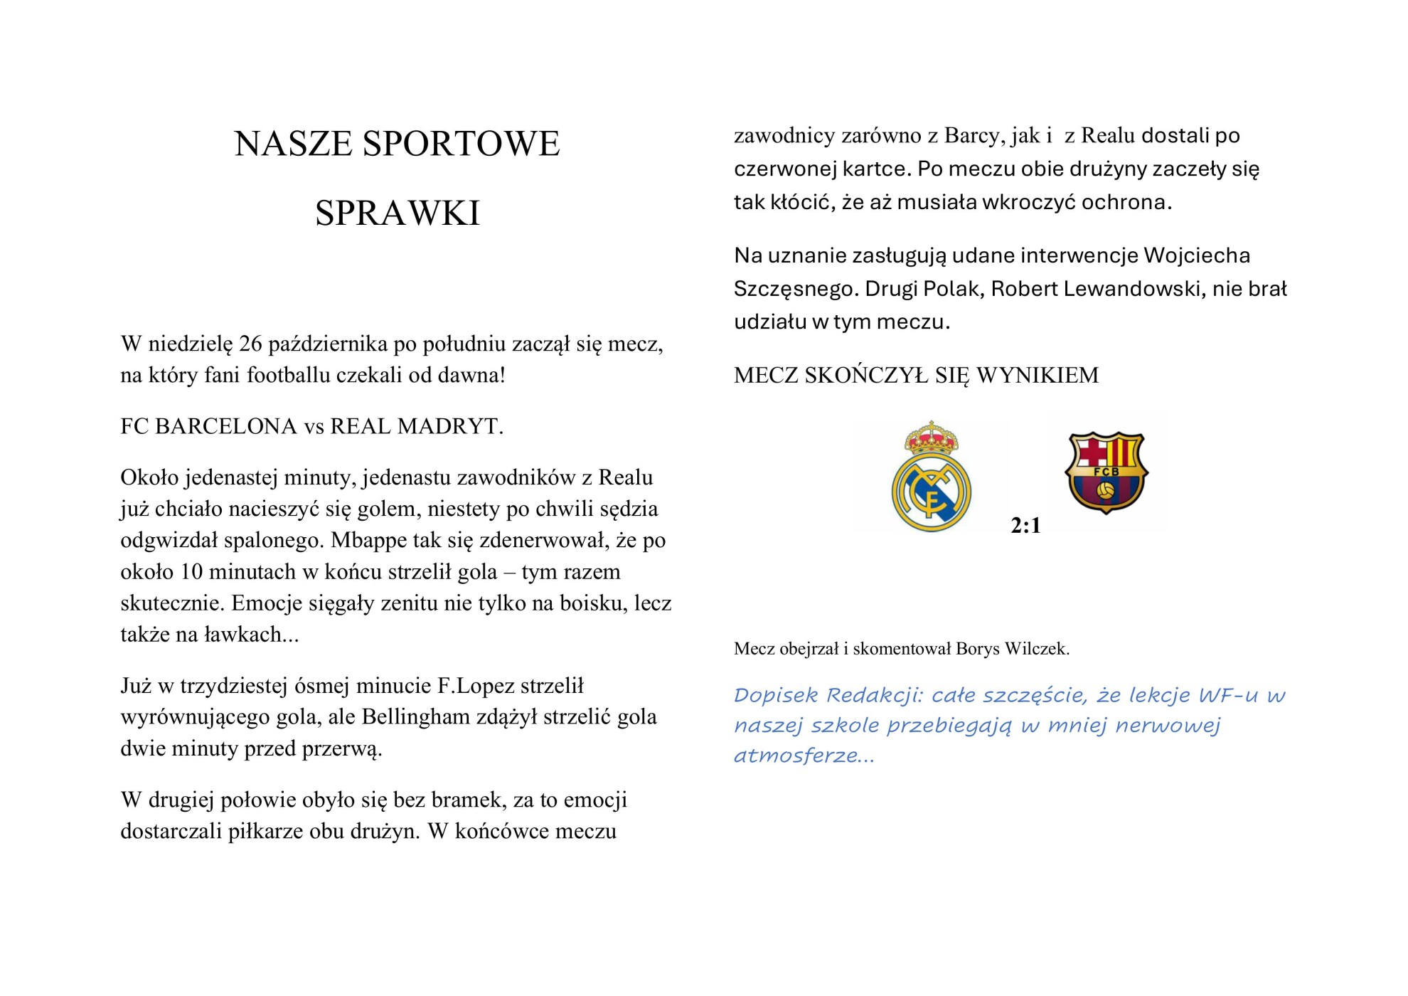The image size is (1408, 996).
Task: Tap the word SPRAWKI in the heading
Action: pyautogui.click(x=398, y=213)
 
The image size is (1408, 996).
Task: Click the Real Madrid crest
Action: pyautogui.click(x=931, y=477)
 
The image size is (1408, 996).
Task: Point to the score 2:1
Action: pyautogui.click(x=1025, y=526)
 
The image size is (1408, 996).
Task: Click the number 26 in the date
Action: pyautogui.click(x=251, y=344)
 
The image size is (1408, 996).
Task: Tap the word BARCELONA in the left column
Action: pyautogui.click(x=226, y=427)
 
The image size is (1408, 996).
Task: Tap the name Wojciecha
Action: pyautogui.click(x=1197, y=256)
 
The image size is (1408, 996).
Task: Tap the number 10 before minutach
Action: pyautogui.click(x=191, y=572)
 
